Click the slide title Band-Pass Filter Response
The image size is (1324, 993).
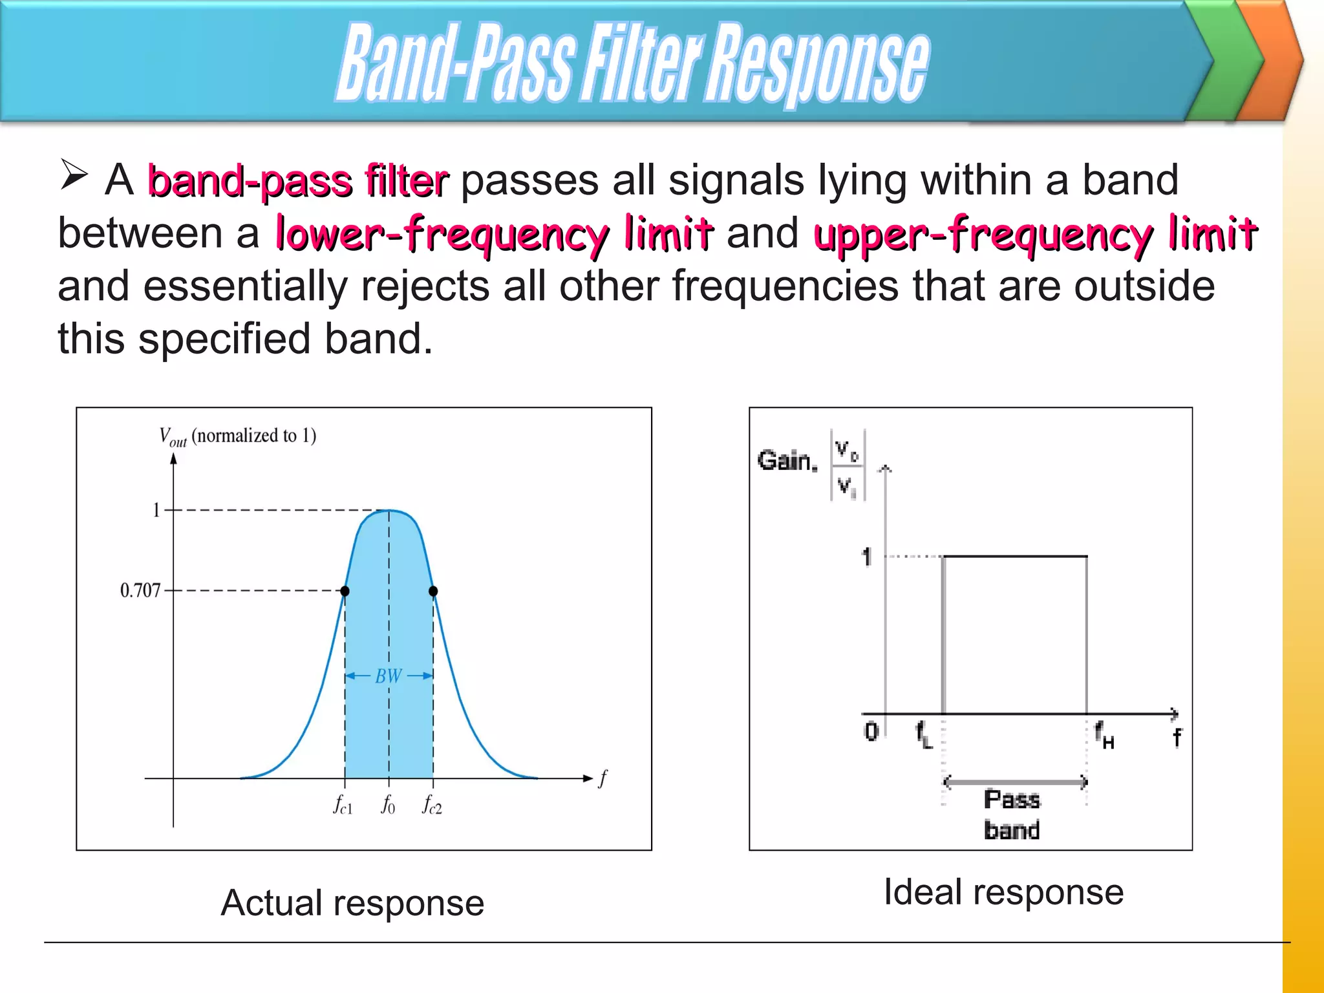click(632, 63)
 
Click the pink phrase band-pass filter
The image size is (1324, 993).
click(298, 181)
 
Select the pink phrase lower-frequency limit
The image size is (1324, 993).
click(495, 234)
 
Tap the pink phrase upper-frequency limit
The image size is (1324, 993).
click(1035, 234)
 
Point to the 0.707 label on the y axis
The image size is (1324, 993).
click(140, 590)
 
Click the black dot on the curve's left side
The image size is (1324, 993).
click(345, 591)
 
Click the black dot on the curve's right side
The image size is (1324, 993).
click(433, 591)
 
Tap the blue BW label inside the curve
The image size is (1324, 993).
click(389, 676)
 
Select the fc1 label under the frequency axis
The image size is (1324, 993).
click(343, 805)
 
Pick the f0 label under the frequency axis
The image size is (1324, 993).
click(388, 805)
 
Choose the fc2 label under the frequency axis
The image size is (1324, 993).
click(432, 805)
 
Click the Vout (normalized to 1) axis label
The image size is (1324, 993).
click(237, 436)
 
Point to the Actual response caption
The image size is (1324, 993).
click(352, 902)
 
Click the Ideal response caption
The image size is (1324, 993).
click(1003, 892)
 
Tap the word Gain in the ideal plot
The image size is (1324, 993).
click(786, 460)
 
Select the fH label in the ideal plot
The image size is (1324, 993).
click(1104, 736)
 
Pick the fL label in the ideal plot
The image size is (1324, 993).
click(923, 736)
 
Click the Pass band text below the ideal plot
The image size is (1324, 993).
click(1012, 815)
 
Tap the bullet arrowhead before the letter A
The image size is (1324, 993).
click(74, 175)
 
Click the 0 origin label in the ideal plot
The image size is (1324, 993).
click(871, 732)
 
